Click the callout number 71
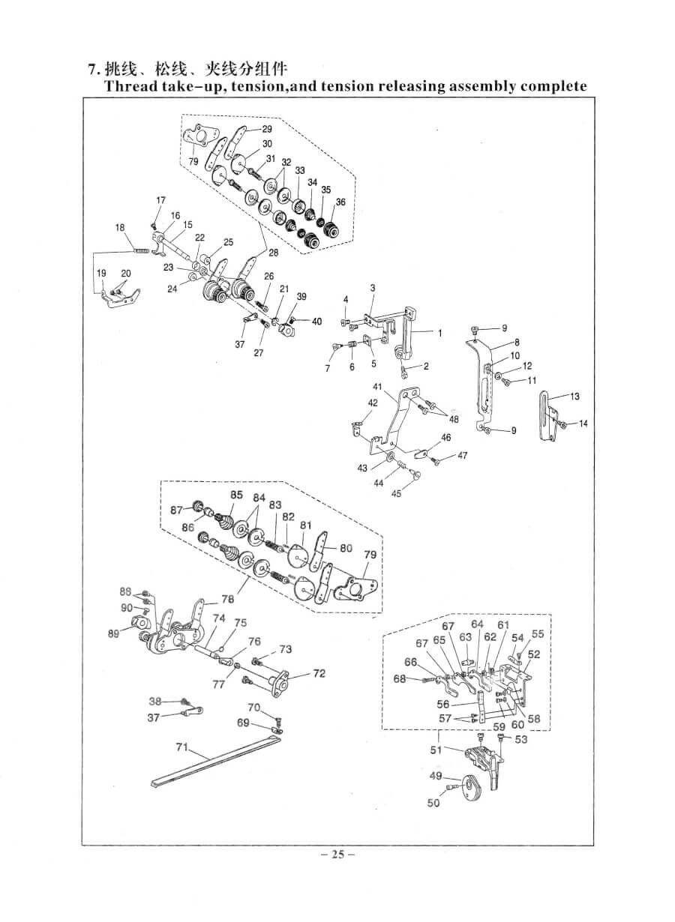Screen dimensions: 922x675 (181, 746)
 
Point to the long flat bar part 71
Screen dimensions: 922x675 (217, 757)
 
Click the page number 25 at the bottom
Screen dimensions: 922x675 (337, 854)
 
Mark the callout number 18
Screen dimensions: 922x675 (120, 227)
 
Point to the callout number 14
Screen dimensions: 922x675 (583, 424)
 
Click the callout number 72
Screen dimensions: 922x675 (319, 673)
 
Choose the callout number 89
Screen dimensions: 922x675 (114, 634)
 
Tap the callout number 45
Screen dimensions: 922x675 (396, 493)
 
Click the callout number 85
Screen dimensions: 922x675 (236, 495)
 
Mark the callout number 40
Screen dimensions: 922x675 (316, 322)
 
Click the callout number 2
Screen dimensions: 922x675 (425, 367)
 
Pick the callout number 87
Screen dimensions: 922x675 (176, 510)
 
